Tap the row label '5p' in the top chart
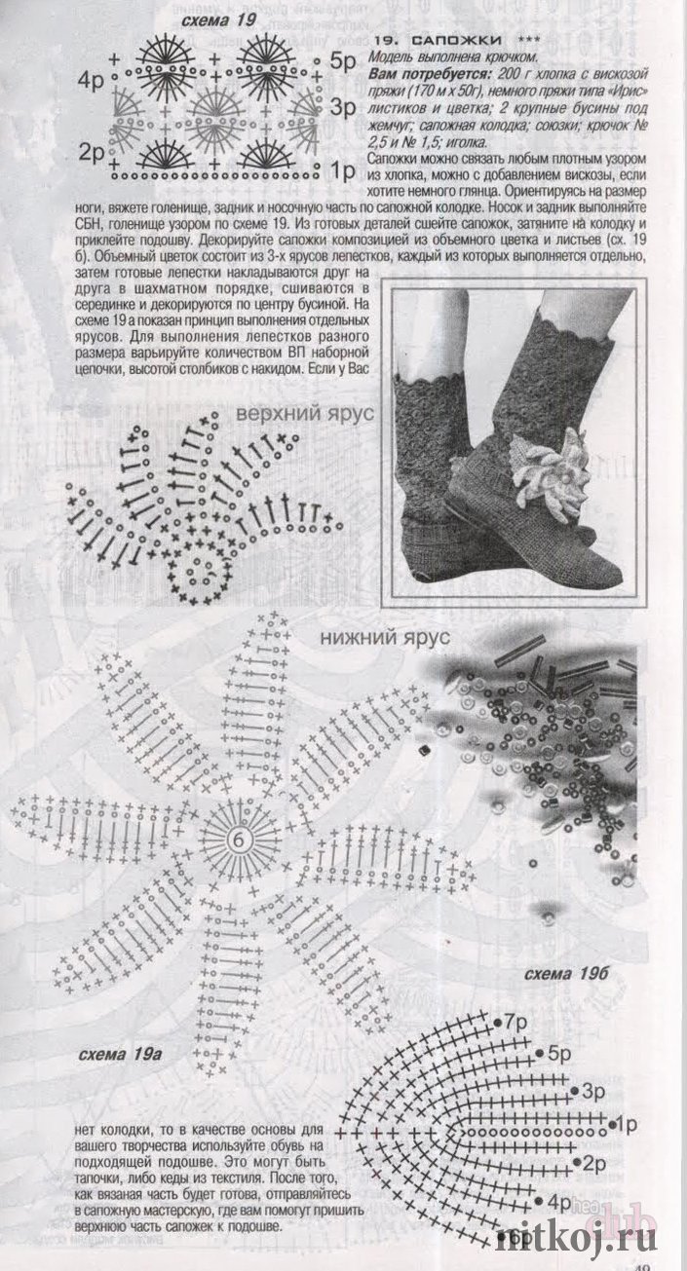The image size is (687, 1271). pyautogui.click(x=342, y=61)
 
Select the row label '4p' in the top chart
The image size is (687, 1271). pyautogui.click(x=91, y=81)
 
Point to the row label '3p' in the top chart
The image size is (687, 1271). pyautogui.click(x=342, y=107)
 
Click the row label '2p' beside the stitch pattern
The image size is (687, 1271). pyautogui.click(x=92, y=152)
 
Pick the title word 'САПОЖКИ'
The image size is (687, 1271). pyautogui.click(x=456, y=40)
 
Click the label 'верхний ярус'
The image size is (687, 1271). pyautogui.click(x=305, y=413)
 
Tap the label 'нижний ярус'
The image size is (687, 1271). pyautogui.click(x=384, y=637)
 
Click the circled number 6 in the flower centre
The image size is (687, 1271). pyautogui.click(x=239, y=840)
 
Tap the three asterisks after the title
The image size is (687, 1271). pyautogui.click(x=531, y=39)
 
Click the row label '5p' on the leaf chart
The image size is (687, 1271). pyautogui.click(x=558, y=1054)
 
